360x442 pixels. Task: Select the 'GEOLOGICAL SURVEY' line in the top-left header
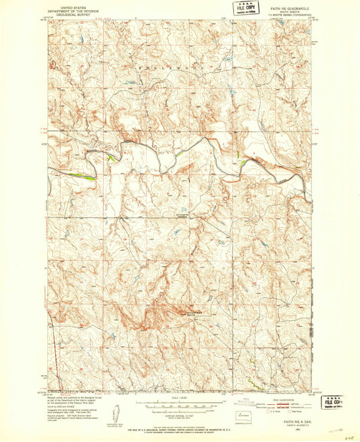pos(70,11)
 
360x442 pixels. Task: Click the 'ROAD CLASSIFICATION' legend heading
pos(290,399)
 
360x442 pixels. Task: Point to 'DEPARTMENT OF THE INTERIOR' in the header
pos(70,7)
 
